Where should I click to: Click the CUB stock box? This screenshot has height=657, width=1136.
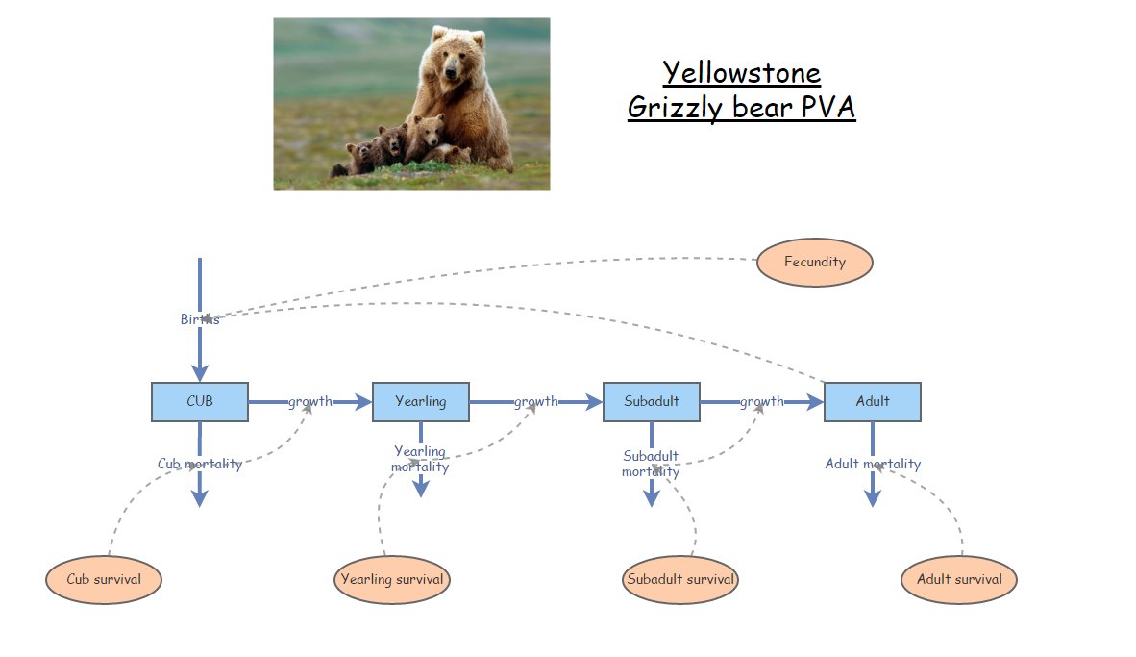pos(200,402)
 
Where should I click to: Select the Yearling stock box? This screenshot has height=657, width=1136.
pos(421,402)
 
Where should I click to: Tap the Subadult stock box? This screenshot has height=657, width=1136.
pos(651,402)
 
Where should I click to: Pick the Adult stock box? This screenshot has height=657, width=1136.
pos(872,402)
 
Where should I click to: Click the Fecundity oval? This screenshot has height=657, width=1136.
pos(814,262)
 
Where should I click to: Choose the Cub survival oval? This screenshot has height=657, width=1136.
pos(104,579)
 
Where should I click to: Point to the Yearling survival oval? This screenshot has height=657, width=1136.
pos(392,579)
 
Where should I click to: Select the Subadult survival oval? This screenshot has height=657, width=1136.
pos(680,579)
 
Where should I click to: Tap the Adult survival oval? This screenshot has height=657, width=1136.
pos(959,579)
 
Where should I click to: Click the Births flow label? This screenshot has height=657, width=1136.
pos(199,319)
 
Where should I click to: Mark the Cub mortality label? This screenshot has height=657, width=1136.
pos(200,464)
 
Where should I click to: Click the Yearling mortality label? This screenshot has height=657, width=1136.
pos(420,459)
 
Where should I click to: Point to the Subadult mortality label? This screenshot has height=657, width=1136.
pos(651,464)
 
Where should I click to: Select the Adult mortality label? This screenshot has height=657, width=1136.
pos(873,464)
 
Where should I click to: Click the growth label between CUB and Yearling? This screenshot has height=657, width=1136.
pos(310,402)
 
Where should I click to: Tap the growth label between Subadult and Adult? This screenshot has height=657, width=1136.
pos(762,402)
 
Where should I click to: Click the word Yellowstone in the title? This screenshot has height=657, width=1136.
pos(741,73)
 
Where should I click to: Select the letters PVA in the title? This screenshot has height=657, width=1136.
pos(826,107)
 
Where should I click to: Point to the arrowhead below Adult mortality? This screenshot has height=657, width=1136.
pos(872,498)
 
